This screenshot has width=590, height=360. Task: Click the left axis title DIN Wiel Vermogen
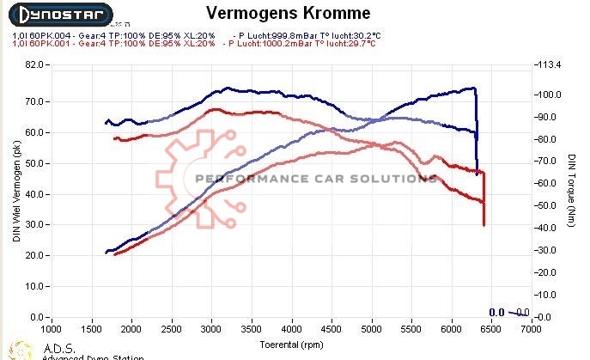(x=16, y=190)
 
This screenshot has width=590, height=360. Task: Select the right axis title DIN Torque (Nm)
(x=571, y=191)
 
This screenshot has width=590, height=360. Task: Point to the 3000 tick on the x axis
(x=211, y=329)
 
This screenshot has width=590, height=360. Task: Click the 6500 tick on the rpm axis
(x=490, y=329)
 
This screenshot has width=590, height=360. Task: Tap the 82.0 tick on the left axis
(x=34, y=64)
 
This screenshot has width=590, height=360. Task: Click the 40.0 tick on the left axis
(x=34, y=194)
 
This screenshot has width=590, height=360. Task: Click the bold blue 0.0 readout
(x=496, y=313)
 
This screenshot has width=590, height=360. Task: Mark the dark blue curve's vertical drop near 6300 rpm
(x=477, y=129)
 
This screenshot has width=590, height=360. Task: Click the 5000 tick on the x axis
(x=371, y=329)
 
